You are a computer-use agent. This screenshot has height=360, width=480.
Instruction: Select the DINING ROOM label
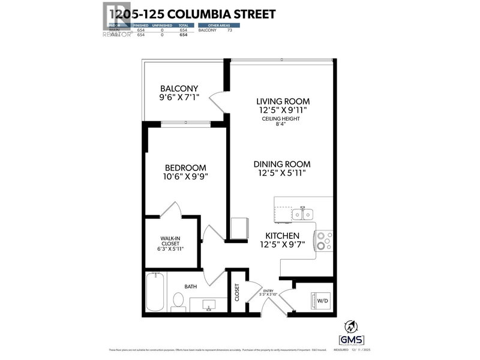pyautogui.click(x=281, y=164)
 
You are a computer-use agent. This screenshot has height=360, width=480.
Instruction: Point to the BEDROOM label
pyautogui.click(x=185, y=167)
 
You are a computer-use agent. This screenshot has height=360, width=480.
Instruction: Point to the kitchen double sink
pyautogui.click(x=301, y=214)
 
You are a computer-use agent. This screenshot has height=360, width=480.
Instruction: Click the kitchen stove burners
pyautogui.click(x=323, y=240)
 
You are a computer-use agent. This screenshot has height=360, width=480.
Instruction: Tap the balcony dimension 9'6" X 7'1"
pyautogui.click(x=179, y=98)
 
